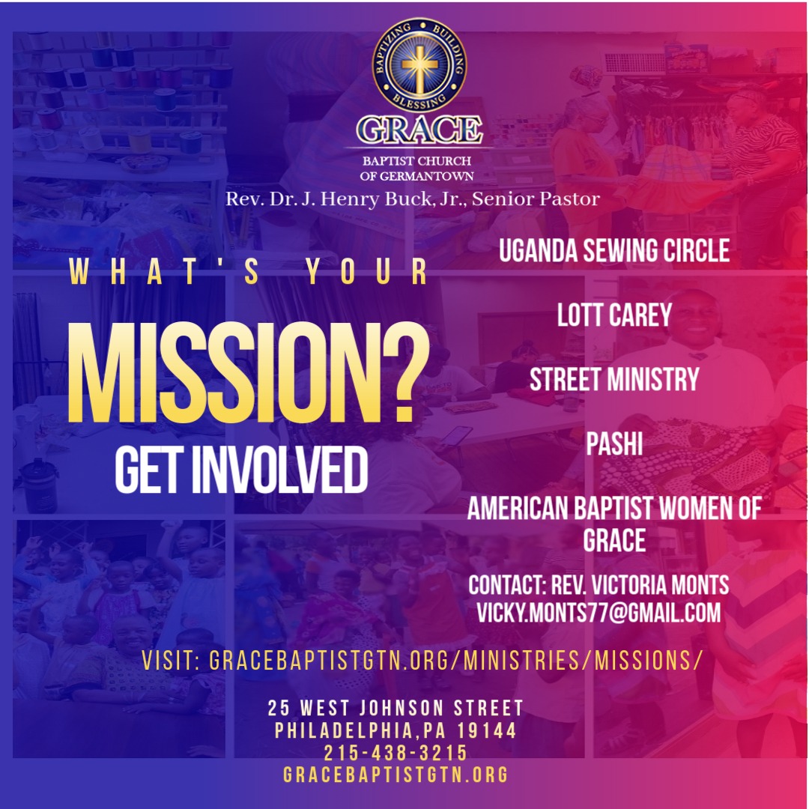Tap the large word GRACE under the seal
click(419, 130)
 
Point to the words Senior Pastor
click(536, 199)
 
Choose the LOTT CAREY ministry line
click(614, 315)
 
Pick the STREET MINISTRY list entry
click(614, 379)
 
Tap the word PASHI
click(614, 443)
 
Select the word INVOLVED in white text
click(279, 470)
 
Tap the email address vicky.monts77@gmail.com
click(599, 613)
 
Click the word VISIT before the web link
click(170, 661)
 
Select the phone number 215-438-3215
click(396, 753)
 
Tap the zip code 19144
click(487, 730)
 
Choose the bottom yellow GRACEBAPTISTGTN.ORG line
click(396, 775)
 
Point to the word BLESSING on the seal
click(419, 101)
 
